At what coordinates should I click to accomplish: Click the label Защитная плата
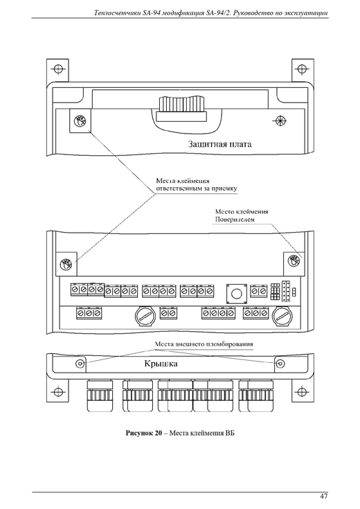click(219, 144)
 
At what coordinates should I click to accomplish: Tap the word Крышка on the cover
click(161, 364)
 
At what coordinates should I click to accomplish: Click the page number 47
click(323, 496)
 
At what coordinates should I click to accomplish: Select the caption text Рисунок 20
click(143, 433)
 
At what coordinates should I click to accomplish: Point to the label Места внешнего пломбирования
click(204, 344)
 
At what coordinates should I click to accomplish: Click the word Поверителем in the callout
click(235, 220)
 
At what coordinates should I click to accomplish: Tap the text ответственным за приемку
click(197, 188)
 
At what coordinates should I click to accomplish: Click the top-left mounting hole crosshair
click(57, 69)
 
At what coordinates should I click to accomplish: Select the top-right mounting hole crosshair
click(303, 69)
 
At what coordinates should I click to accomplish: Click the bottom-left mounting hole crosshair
click(57, 391)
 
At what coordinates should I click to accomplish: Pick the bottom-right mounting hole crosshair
click(303, 391)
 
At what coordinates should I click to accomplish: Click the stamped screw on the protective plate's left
click(80, 120)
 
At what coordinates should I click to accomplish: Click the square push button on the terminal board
click(235, 294)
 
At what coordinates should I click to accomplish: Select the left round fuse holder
click(145, 316)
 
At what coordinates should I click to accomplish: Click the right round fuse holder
click(282, 316)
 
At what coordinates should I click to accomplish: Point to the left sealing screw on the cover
click(80, 364)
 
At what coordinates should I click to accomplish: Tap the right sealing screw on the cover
click(280, 364)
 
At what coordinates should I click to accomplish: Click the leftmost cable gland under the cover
click(100, 396)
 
